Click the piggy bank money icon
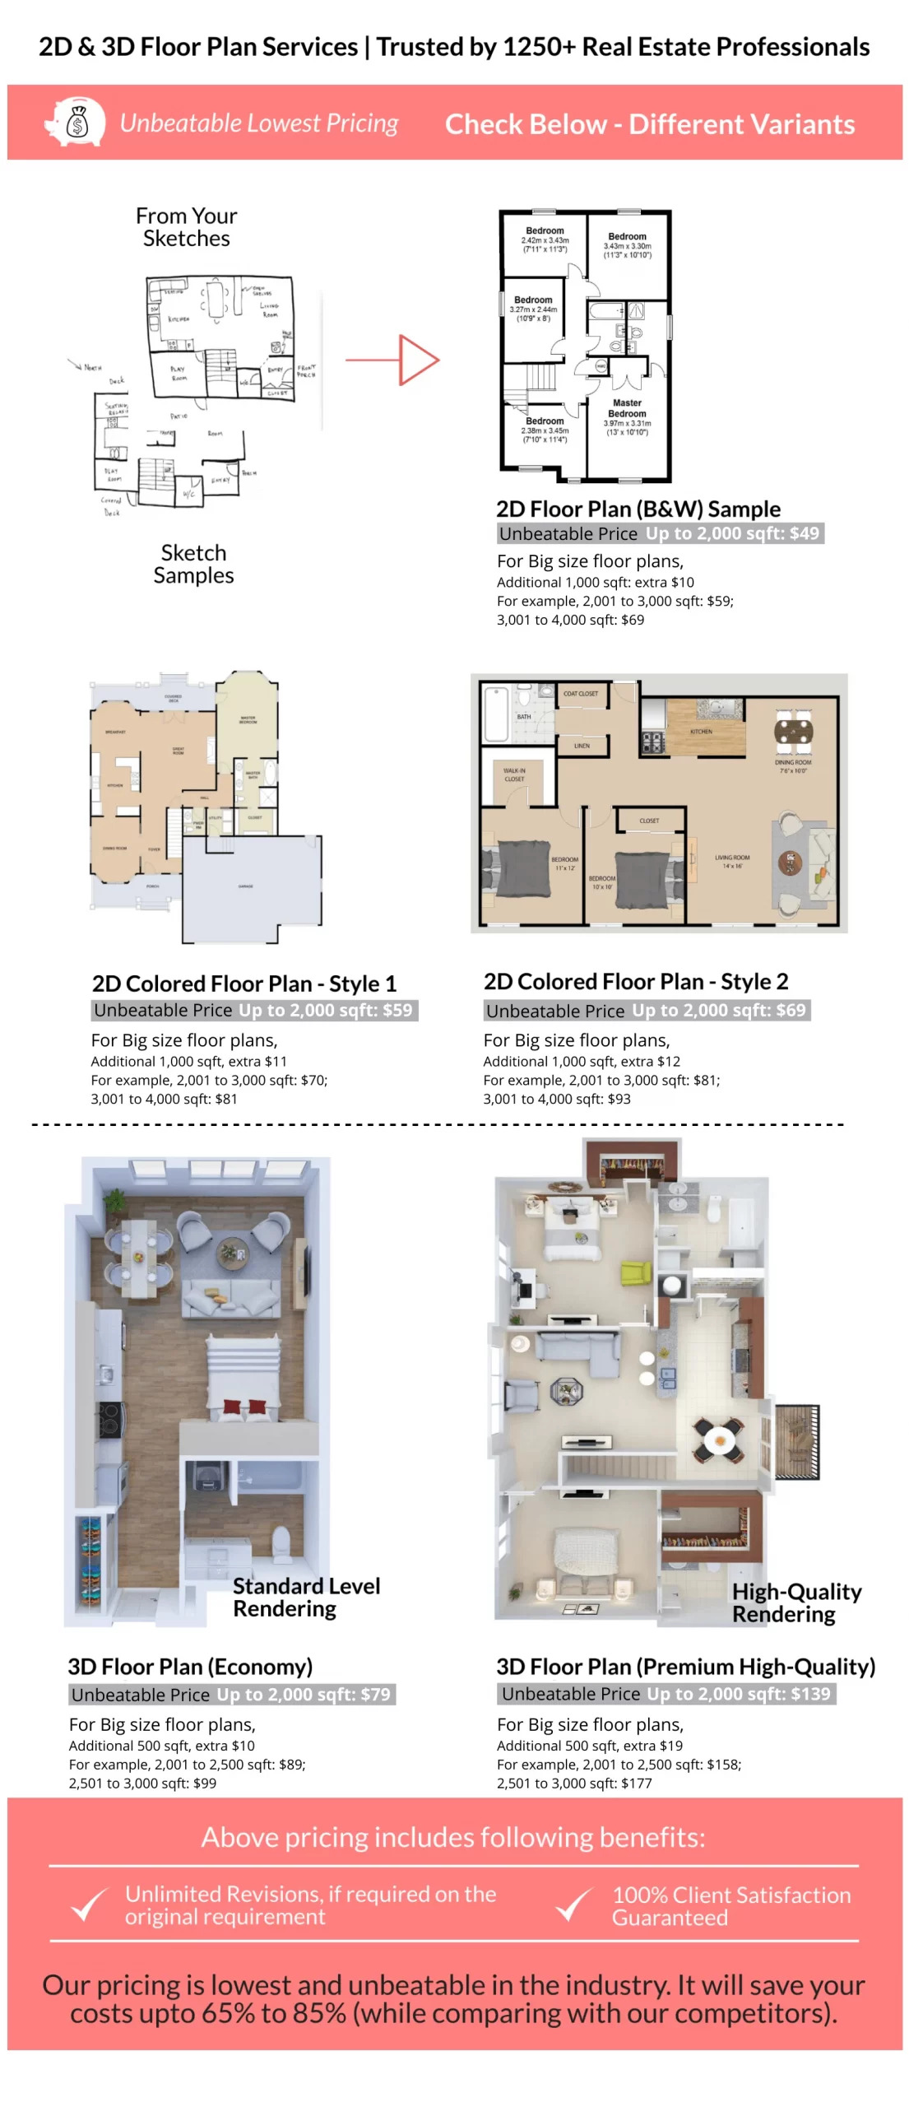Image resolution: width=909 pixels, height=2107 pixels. tap(75, 123)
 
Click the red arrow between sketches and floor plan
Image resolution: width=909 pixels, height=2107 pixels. tap(393, 360)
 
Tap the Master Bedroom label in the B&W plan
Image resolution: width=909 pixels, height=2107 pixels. tap(627, 408)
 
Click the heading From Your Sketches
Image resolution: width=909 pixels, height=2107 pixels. tap(186, 227)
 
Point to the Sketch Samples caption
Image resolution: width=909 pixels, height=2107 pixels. tap(193, 564)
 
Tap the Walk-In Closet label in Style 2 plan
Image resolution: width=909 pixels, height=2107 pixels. tap(514, 774)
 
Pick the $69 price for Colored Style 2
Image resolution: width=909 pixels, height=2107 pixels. tap(791, 1010)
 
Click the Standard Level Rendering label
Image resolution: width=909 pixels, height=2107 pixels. tap(305, 1597)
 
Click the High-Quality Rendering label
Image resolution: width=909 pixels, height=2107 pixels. tap(795, 1602)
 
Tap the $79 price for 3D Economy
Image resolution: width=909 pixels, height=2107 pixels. tap(375, 1694)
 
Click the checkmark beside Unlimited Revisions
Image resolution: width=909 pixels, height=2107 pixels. tap(89, 1904)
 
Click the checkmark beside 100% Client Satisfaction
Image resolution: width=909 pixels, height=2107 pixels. tap(573, 1904)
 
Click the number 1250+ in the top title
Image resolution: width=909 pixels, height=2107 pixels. tap(539, 47)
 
